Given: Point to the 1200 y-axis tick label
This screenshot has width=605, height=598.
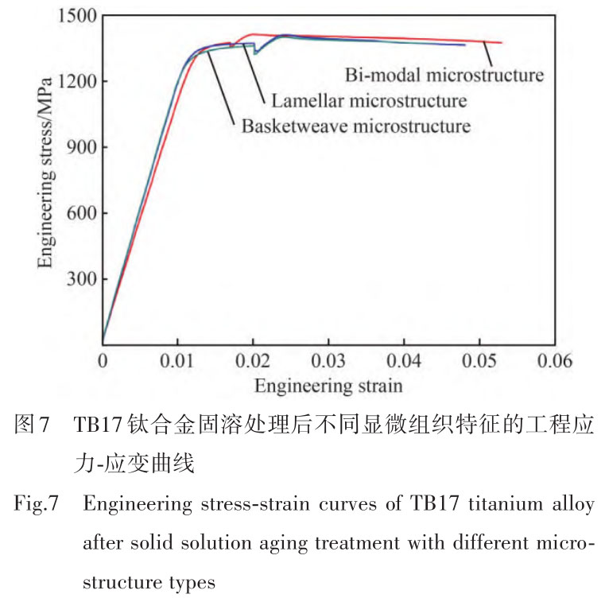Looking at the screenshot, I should (x=77, y=81).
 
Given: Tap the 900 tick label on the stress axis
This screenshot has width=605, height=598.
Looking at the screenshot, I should (x=82, y=147).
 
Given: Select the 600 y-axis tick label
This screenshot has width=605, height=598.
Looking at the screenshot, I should (x=82, y=213).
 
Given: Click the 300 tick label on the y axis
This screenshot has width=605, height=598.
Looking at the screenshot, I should (x=82, y=279).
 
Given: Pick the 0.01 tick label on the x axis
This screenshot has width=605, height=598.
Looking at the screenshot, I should (x=177, y=361).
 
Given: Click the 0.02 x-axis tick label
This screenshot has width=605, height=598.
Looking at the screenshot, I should (x=253, y=361).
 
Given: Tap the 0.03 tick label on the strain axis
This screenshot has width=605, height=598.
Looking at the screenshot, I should (x=328, y=361).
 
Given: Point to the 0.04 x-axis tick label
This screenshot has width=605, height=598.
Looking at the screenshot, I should (x=404, y=361).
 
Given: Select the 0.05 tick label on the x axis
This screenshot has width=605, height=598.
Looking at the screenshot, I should (x=479, y=361).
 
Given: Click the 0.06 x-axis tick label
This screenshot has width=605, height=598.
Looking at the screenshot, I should (x=554, y=361).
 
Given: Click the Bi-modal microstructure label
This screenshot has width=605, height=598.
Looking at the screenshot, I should (x=444, y=76).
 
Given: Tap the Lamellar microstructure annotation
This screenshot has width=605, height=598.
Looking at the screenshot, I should (x=368, y=101).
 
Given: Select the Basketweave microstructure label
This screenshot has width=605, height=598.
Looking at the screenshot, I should (x=355, y=126).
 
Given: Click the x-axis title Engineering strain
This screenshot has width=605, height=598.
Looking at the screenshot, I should (x=328, y=386).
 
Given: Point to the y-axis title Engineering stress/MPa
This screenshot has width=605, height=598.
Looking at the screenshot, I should (x=48, y=181).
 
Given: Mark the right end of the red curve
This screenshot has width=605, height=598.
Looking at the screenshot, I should (x=502, y=43).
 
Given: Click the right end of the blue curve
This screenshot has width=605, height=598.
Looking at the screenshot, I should (x=464, y=45).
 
